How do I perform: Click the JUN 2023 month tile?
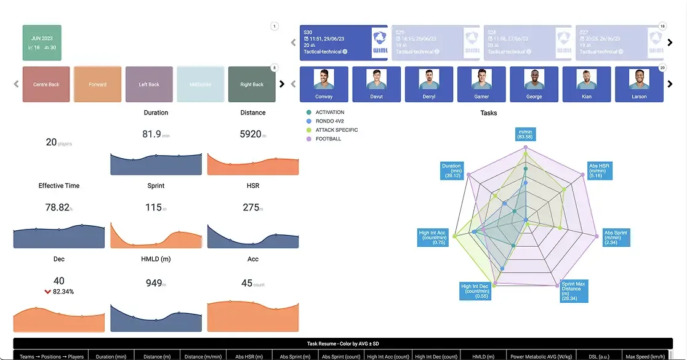pyautogui.click(x=42, y=42)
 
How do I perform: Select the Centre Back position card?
pyautogui.click(x=46, y=84)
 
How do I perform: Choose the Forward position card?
pyautogui.click(x=97, y=84)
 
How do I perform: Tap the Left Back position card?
pyautogui.click(x=149, y=84)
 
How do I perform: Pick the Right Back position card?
pyautogui.click(x=252, y=84)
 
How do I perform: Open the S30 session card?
pyautogui.click(x=343, y=42)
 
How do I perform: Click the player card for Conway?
pyautogui.click(x=324, y=84)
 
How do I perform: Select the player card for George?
pyautogui.click(x=534, y=84)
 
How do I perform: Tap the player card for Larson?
pyautogui.click(x=639, y=84)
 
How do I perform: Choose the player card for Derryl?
pyautogui.click(x=428, y=84)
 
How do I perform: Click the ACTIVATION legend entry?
pyautogui.click(x=329, y=113)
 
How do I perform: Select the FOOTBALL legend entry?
pyautogui.click(x=327, y=139)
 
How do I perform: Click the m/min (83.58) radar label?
pyautogui.click(x=525, y=134)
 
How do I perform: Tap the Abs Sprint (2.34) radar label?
pyautogui.click(x=616, y=238)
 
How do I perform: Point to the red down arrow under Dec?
pyautogui.click(x=48, y=291)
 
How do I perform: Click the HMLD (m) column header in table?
pyautogui.click(x=482, y=356)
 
